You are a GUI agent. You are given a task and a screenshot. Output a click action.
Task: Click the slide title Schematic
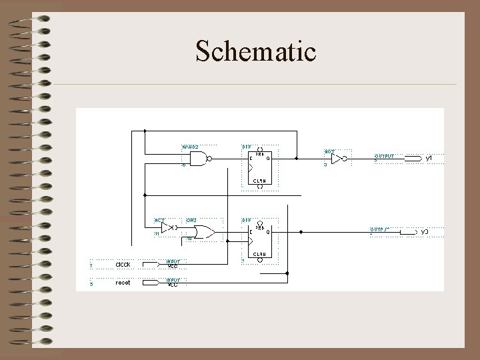click(255, 51)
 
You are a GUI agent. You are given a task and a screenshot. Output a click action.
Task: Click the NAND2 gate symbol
click(198, 158)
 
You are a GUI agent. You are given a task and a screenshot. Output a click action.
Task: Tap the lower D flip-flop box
click(259, 237)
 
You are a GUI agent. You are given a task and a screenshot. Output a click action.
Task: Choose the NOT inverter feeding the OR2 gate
click(167, 227)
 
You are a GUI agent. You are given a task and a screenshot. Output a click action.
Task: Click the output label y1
click(429, 158)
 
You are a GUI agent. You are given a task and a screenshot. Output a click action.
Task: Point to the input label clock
click(123, 265)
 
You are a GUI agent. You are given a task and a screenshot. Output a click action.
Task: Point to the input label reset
click(123, 283)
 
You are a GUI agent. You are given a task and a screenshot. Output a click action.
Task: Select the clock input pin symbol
click(151, 264)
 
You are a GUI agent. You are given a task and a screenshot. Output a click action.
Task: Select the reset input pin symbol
click(151, 282)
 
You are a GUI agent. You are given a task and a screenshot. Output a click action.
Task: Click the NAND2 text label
click(190, 146)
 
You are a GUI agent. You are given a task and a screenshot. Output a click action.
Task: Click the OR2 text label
click(191, 219)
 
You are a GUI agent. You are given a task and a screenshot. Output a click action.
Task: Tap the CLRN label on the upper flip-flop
click(259, 181)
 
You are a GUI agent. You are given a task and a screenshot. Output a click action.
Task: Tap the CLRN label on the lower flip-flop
click(259, 254)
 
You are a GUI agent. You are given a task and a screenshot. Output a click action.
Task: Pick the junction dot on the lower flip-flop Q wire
click(301, 232)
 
